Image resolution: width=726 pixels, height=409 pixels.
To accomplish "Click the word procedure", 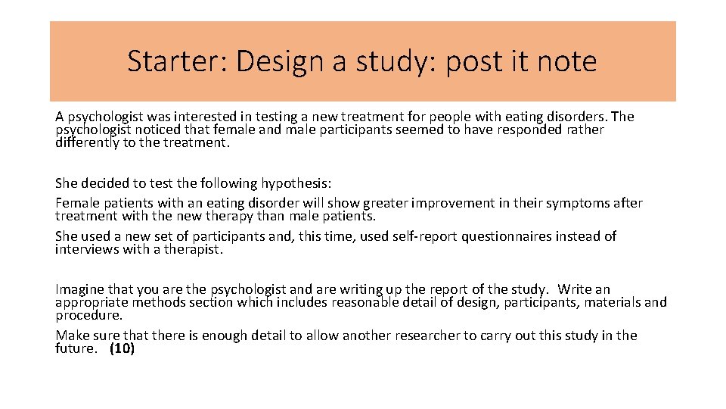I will [88, 315].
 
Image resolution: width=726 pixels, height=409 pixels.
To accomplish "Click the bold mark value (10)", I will [122, 349].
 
